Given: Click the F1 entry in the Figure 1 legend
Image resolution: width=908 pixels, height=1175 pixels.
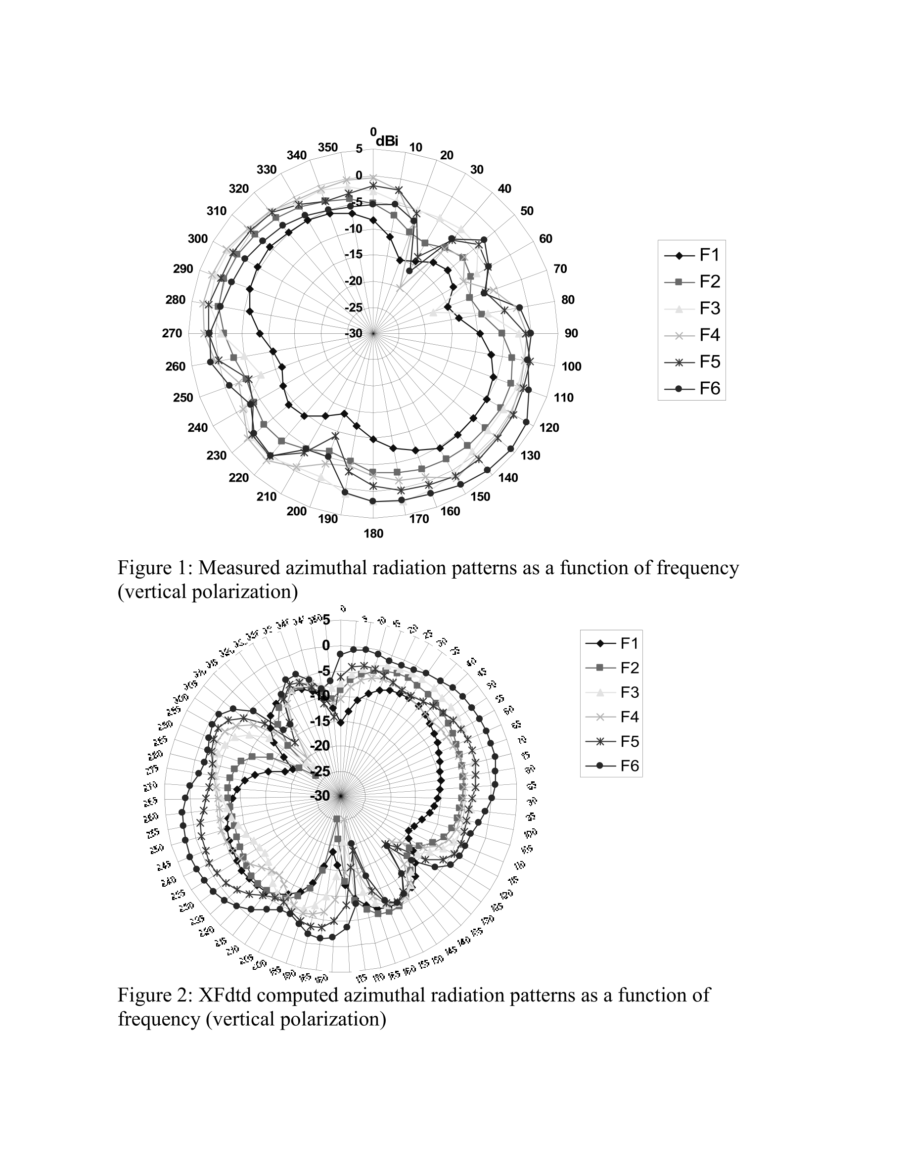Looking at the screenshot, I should point(709,255).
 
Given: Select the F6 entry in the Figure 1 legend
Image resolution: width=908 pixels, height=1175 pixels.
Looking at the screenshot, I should point(709,388).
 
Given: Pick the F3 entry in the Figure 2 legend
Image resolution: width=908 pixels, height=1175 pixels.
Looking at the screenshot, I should point(630,692).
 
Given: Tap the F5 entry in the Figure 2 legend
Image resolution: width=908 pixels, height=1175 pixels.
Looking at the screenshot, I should point(630,741).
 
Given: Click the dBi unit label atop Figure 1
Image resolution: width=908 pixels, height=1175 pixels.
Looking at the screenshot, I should point(387,141).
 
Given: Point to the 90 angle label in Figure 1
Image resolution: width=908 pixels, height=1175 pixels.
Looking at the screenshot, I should point(571,334).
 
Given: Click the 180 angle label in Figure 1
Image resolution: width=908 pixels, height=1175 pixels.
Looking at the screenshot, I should point(373,534).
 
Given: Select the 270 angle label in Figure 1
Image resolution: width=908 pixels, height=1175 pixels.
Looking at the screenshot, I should point(172,334).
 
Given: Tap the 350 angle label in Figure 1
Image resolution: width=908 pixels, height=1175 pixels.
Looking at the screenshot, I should point(327,148).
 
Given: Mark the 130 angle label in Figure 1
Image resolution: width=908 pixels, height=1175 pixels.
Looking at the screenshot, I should point(530,455).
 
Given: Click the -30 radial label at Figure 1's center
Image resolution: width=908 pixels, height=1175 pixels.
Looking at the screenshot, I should point(354,334).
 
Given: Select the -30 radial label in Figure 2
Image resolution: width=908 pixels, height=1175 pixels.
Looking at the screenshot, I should point(320,796).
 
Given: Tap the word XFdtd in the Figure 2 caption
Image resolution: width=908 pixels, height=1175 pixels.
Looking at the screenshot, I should point(225,995).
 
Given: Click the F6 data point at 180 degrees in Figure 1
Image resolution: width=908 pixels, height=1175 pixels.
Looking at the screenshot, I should point(373,501).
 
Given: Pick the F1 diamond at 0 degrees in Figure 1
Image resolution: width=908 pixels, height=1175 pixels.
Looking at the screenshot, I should point(373,220).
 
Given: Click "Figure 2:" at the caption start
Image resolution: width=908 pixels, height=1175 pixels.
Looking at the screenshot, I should point(154,995).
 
